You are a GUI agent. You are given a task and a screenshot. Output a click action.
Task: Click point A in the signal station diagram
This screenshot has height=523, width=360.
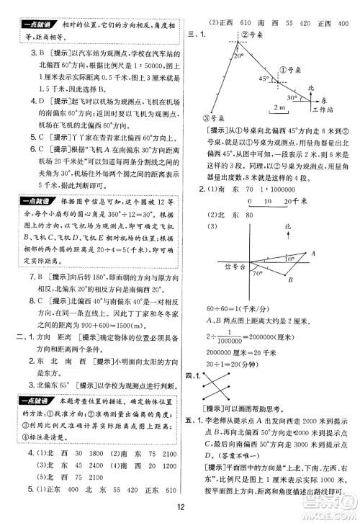(312, 251)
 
